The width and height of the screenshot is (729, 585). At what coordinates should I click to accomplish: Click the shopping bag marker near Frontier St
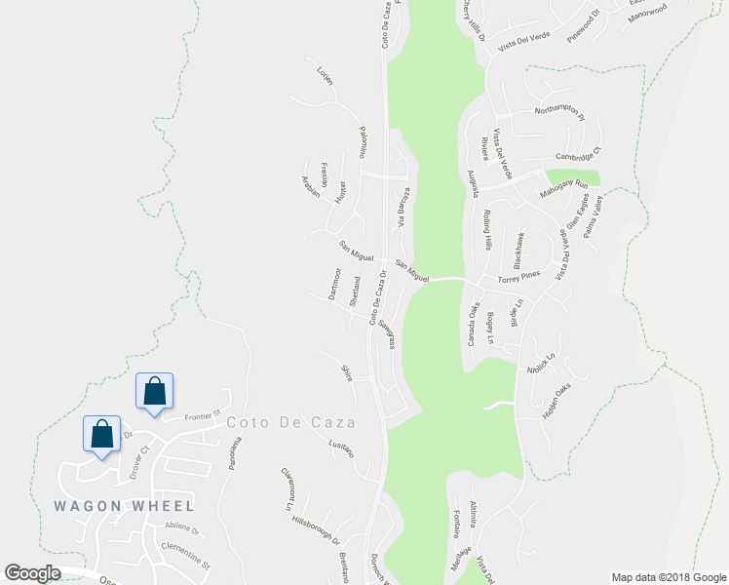point(154,391)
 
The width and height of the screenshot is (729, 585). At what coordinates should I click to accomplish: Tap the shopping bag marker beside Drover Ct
point(101,434)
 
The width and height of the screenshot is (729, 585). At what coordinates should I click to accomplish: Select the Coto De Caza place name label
point(290,423)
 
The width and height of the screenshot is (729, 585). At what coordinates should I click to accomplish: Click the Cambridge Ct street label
point(580,154)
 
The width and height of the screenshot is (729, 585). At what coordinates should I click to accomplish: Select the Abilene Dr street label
point(180,531)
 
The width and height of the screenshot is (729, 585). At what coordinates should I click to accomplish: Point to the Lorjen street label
point(326,75)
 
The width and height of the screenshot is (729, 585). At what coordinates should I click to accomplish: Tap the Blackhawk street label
point(519,250)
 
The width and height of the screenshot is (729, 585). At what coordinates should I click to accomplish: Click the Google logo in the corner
point(32,573)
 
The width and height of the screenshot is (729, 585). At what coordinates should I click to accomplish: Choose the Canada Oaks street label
point(473,324)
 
